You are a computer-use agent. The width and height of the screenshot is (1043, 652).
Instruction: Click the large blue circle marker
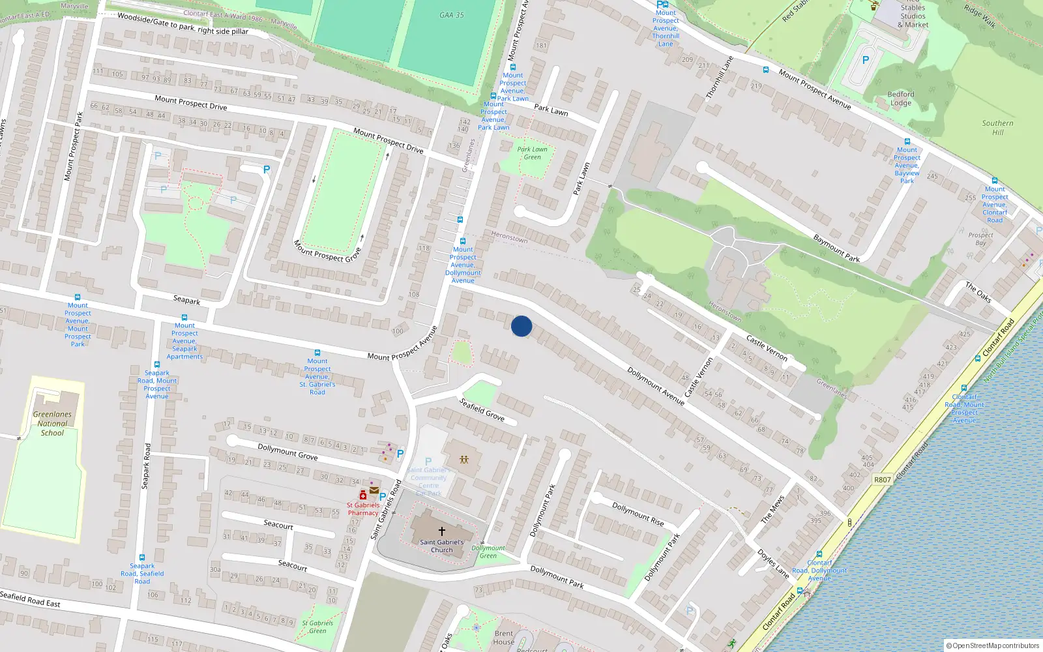(x=521, y=326)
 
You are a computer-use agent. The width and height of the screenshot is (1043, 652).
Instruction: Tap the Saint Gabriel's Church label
(x=442, y=546)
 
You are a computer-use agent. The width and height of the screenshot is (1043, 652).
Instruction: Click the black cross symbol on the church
(x=442, y=531)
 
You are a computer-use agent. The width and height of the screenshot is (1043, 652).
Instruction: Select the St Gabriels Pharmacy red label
(x=363, y=509)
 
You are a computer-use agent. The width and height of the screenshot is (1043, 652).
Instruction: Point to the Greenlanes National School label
(x=52, y=423)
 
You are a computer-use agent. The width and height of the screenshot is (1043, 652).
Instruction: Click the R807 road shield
(x=882, y=480)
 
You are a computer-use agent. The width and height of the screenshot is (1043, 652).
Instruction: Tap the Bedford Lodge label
(x=901, y=98)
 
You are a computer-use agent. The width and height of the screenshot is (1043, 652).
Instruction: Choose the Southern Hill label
(x=997, y=127)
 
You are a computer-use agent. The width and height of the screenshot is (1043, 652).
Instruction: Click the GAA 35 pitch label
(x=452, y=15)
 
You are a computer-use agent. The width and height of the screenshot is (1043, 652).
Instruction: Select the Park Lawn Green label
(x=533, y=153)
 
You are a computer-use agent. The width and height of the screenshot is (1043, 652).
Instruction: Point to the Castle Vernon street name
(x=767, y=349)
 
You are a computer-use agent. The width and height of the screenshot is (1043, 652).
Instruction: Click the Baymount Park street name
(x=836, y=248)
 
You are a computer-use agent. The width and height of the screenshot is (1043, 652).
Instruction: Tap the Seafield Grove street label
(x=482, y=409)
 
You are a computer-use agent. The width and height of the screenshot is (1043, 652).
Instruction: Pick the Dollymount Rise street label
(x=638, y=514)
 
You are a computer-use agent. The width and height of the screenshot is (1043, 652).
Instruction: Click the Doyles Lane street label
(x=773, y=563)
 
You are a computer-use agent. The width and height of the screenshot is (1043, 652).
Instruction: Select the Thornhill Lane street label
(x=719, y=78)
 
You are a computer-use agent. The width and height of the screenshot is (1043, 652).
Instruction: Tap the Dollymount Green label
(x=488, y=552)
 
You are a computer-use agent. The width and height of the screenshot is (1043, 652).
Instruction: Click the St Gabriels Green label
(x=317, y=627)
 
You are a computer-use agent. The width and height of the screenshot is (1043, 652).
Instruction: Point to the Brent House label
(x=504, y=637)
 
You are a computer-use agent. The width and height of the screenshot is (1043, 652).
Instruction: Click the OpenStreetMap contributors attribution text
(x=993, y=645)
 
